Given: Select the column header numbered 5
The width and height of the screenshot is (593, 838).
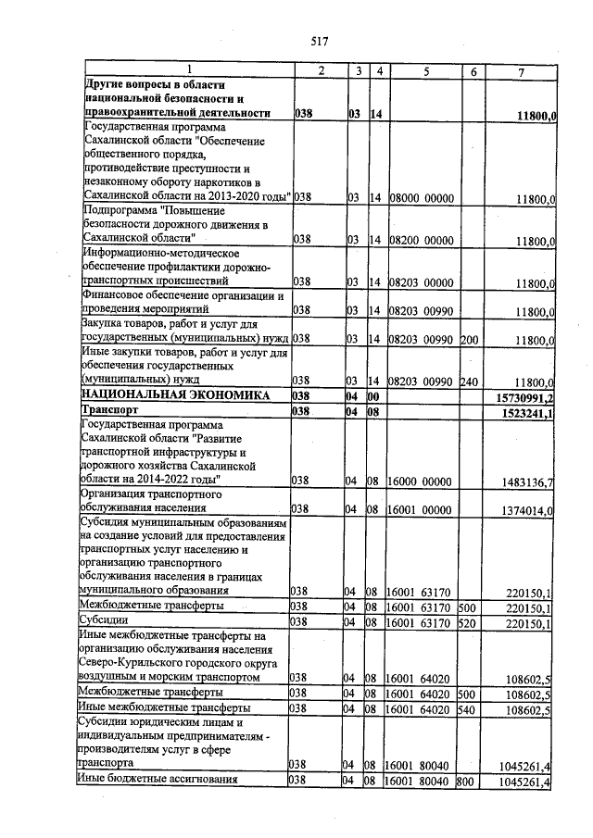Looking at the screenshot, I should tap(424, 71).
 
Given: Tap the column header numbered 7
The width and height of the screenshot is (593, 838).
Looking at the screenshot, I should tap(521, 71).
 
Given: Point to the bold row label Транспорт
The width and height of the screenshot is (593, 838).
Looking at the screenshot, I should tap(110, 410).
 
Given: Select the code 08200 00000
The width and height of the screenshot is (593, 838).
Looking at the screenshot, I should tap(421, 240).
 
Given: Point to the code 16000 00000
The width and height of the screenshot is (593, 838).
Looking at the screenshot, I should tap(421, 481).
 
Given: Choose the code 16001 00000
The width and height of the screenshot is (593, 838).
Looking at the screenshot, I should tap(421, 509).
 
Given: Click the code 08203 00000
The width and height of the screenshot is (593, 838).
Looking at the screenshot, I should tap(421, 281).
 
